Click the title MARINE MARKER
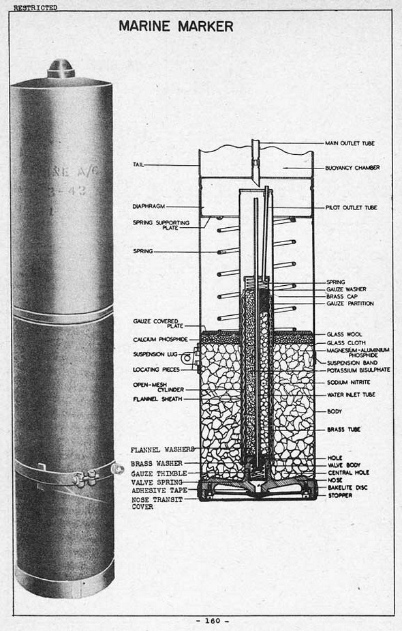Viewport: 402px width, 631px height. coord(176,27)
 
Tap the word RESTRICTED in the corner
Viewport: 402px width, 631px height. coord(35,8)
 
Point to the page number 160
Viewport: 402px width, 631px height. coord(213,621)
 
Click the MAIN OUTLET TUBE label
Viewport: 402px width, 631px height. coord(350,143)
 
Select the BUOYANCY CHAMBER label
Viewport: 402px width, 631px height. coord(352,168)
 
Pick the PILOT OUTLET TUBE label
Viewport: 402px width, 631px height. coord(352,207)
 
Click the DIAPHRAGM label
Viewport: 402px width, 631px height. coord(149,207)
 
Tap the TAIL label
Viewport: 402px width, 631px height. coord(138,164)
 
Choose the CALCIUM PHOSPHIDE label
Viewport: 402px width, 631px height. coord(160,340)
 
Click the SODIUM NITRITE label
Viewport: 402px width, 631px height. coord(349,382)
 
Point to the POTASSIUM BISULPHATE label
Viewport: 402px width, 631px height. coord(358,370)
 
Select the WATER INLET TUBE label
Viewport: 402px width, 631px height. coord(351,395)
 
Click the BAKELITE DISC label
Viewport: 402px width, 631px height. coord(347,488)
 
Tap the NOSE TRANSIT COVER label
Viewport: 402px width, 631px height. coord(157,503)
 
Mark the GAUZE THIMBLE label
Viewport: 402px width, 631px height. coord(159,473)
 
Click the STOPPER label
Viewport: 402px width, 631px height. coord(340,495)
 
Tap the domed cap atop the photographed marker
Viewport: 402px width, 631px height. coord(61,68)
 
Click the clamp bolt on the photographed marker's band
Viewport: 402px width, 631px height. coord(86,478)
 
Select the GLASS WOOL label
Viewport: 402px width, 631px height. coord(345,334)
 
